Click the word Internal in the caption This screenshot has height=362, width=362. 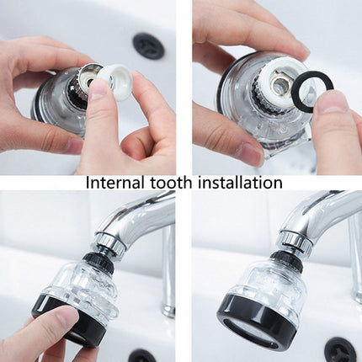pos(113,183)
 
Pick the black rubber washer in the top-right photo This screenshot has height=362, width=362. pos(312,90)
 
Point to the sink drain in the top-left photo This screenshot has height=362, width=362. pos(148,45)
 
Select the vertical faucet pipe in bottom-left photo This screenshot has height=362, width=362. pos(169,269)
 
